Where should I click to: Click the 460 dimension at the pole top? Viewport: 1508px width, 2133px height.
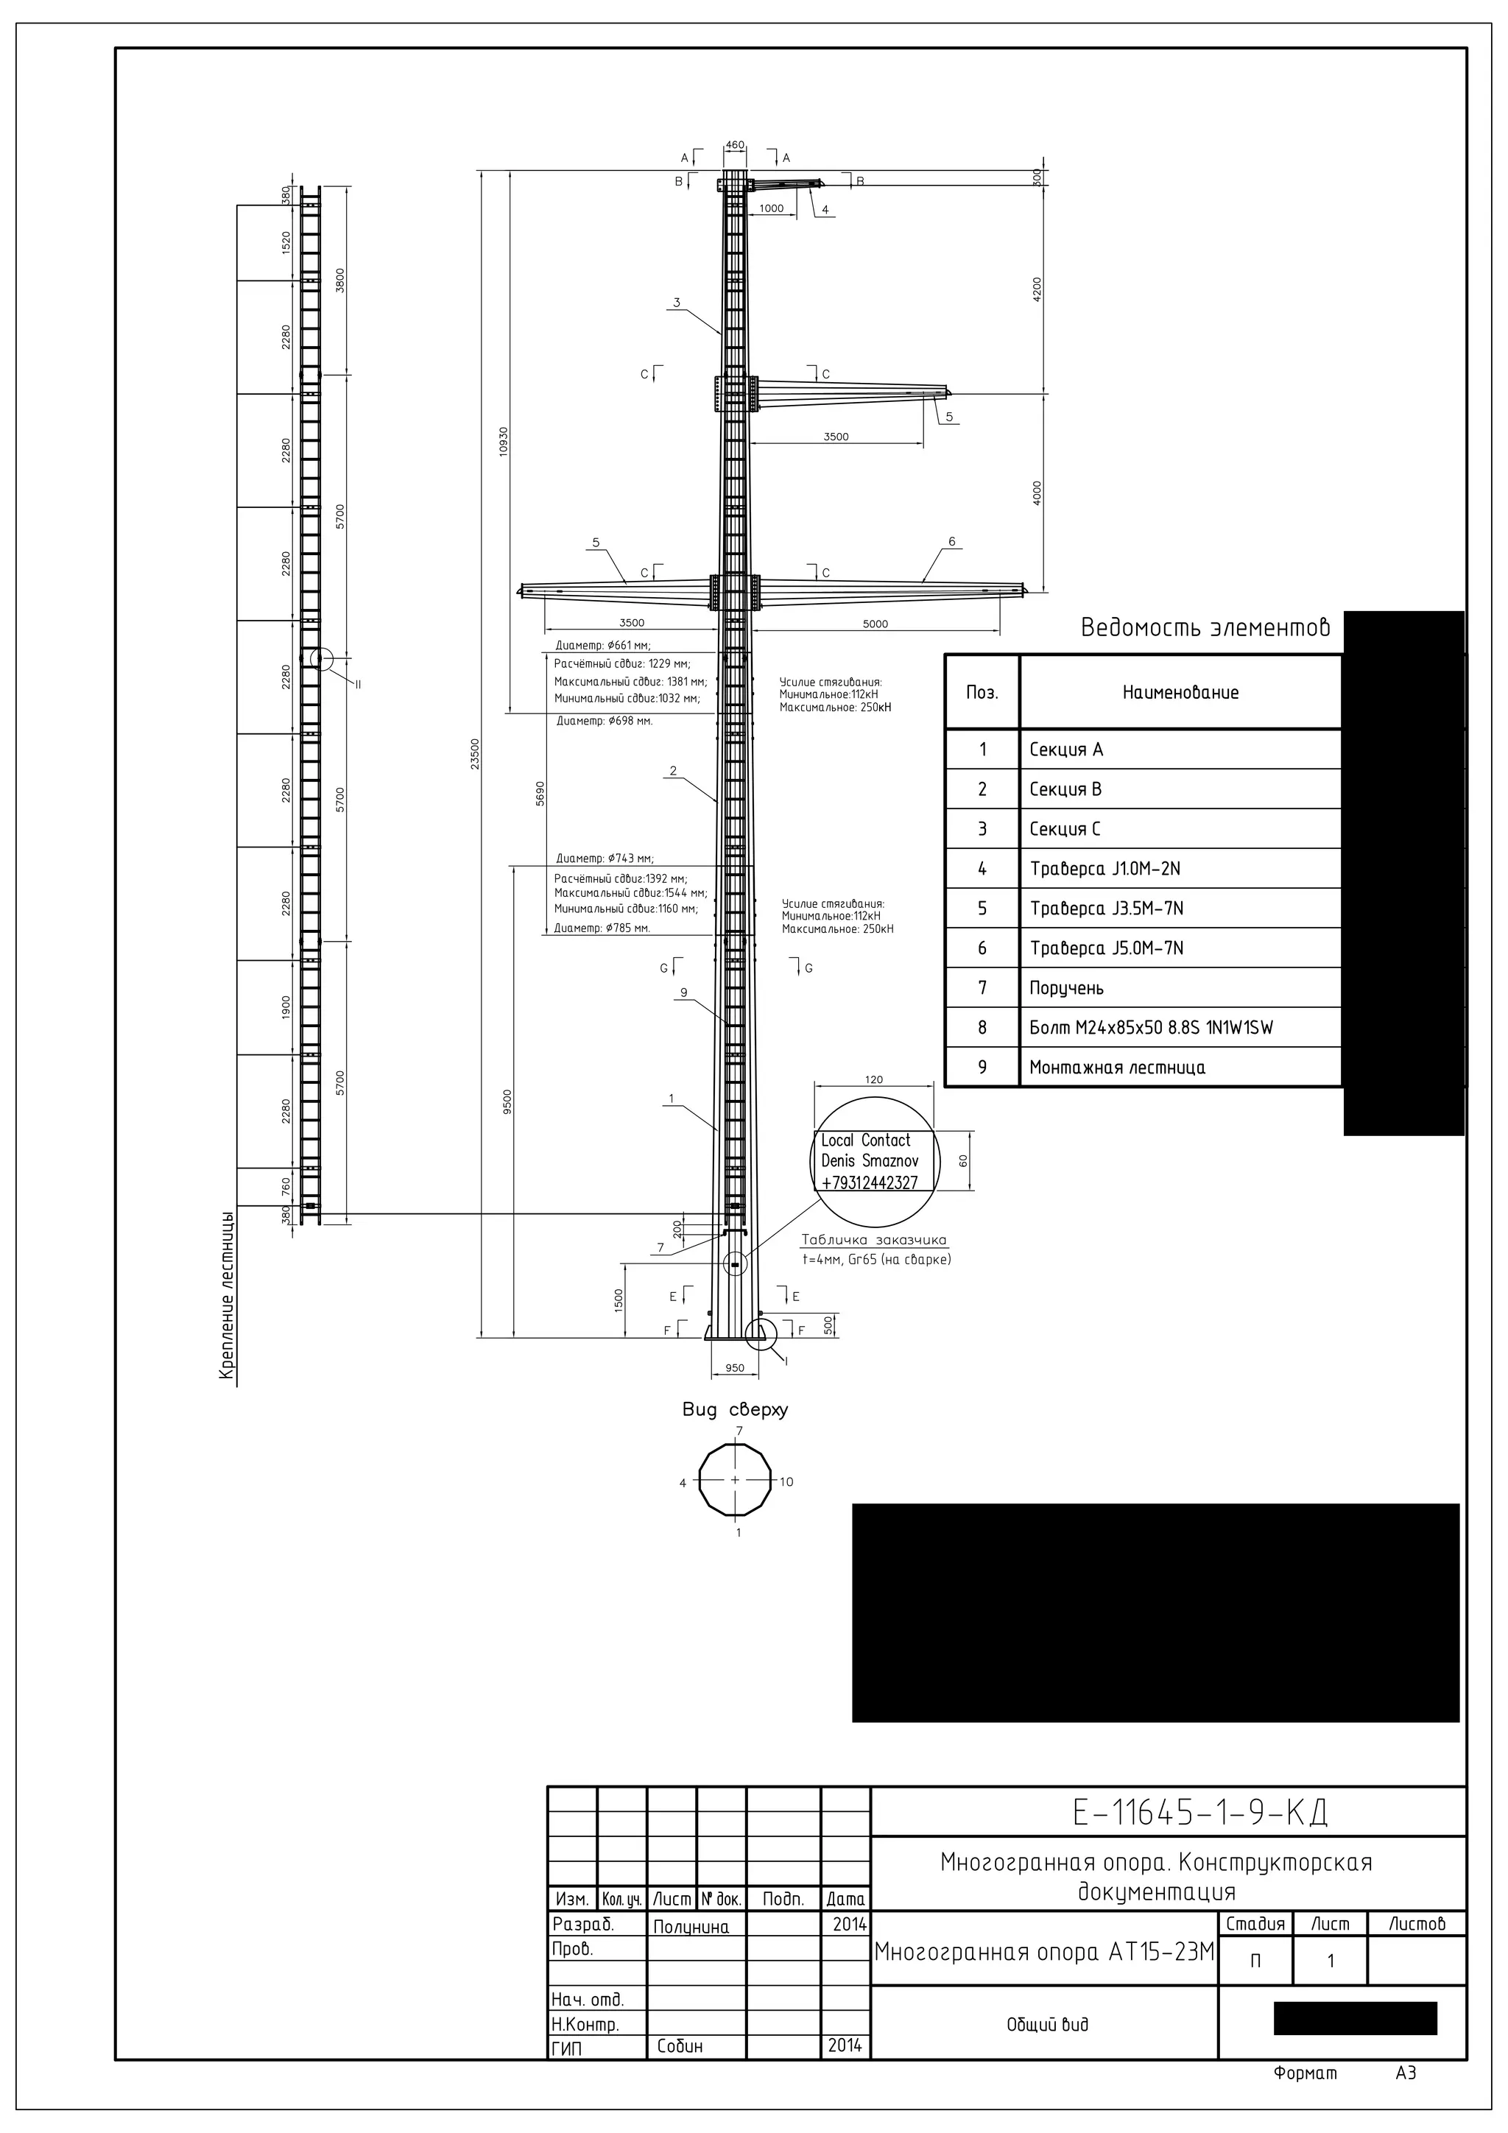coord(734,145)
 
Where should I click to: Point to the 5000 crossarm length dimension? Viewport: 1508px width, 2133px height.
coord(875,624)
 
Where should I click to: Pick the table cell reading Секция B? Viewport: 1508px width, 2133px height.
coord(1065,789)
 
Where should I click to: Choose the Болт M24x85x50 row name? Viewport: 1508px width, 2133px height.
coord(1150,1028)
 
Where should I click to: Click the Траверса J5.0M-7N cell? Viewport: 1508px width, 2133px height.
coord(1106,948)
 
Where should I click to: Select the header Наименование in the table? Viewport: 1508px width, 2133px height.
coord(1180,692)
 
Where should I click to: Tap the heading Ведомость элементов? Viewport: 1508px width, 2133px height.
coord(1205,628)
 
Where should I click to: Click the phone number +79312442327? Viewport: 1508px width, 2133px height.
coord(870,1182)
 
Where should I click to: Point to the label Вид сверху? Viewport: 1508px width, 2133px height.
coord(734,1409)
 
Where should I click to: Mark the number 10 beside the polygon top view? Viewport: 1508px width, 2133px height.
coord(786,1482)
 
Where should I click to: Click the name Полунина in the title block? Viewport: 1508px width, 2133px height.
coord(691,1927)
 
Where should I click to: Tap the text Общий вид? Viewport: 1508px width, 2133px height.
coord(1047,2024)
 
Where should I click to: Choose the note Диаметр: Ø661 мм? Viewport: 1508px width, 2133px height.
coord(602,646)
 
